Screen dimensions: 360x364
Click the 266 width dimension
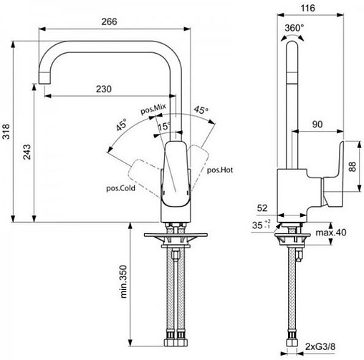pyautogui.click(x=110, y=21)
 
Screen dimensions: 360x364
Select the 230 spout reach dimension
pyautogui.click(x=105, y=89)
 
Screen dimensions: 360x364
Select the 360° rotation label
pyautogui.click(x=294, y=27)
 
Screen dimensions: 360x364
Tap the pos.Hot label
pyautogui.click(x=219, y=170)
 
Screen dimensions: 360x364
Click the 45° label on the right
pyautogui.click(x=201, y=111)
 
